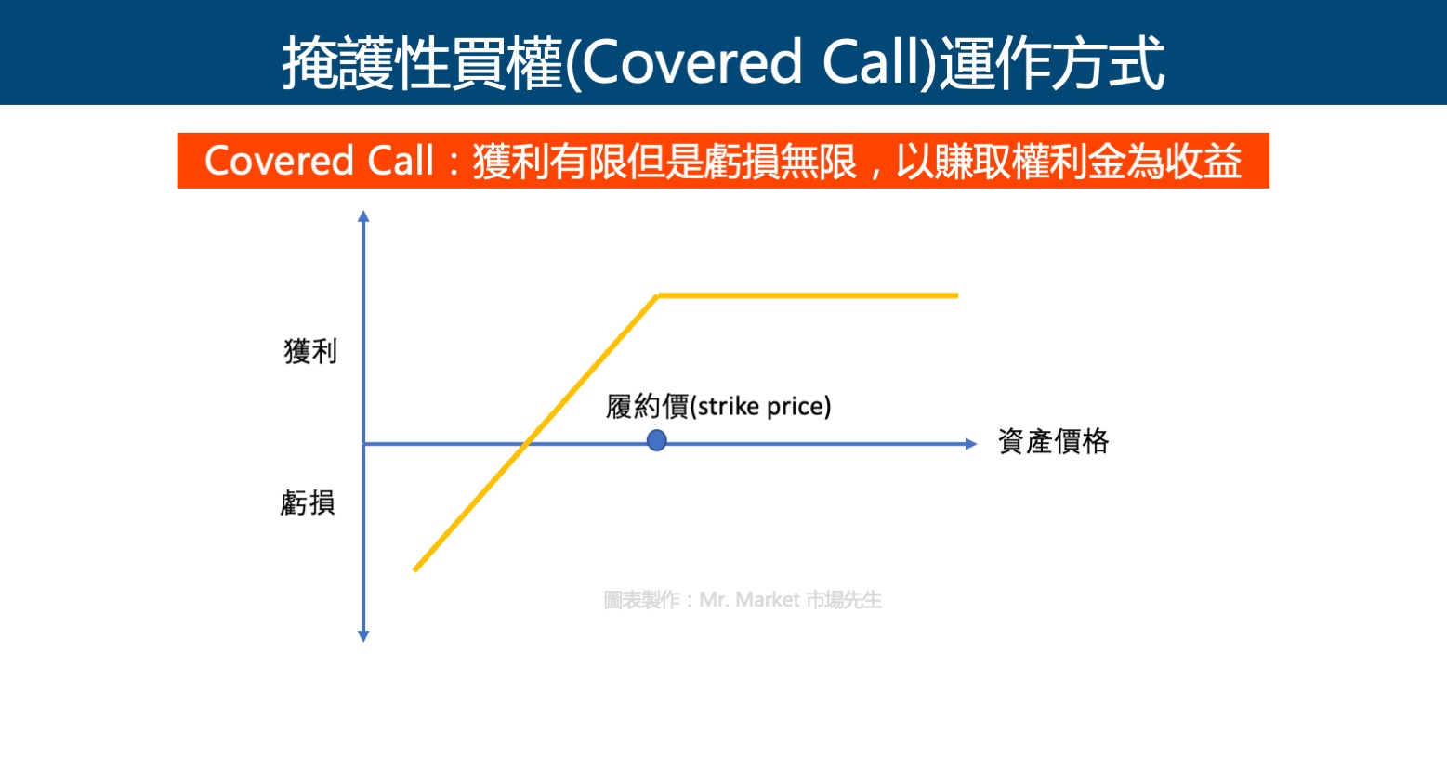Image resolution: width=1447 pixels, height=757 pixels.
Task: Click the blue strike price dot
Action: tap(656, 441)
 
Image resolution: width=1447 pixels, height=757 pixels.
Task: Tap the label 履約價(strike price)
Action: tap(718, 407)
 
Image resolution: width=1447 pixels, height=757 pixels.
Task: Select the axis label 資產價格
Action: tap(1054, 442)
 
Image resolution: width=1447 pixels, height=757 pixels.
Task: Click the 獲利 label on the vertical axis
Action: tap(310, 352)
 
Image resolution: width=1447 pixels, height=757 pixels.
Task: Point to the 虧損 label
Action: tap(309, 502)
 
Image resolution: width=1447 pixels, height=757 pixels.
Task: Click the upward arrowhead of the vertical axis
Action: tap(363, 215)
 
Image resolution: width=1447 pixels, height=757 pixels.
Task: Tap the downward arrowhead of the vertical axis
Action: tap(363, 636)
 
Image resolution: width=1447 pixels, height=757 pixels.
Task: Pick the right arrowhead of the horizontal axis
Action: tap(971, 444)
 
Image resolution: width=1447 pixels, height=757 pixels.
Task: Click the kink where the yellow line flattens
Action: tap(658, 295)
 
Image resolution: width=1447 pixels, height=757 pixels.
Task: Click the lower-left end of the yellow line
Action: tap(415, 570)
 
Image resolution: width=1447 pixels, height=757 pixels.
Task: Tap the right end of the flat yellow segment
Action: tap(957, 295)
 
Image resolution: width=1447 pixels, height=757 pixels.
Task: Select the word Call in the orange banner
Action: tap(401, 161)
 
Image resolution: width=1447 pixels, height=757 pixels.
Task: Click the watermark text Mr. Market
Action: tap(750, 600)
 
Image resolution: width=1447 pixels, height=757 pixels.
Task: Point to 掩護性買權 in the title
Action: tap(423, 63)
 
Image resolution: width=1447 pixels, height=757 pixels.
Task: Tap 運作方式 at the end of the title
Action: tap(1052, 63)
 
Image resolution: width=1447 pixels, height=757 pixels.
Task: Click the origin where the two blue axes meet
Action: tap(363, 444)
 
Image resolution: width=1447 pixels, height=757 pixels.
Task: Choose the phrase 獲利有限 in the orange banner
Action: tap(549, 162)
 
